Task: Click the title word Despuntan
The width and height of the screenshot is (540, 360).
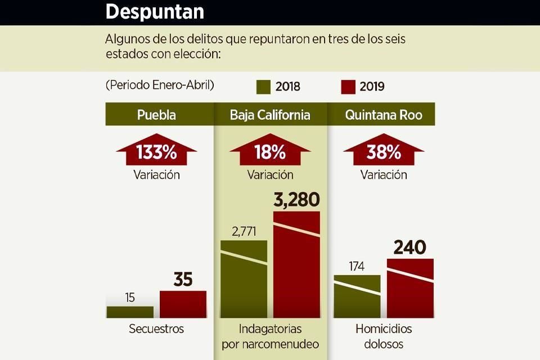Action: click(x=155, y=11)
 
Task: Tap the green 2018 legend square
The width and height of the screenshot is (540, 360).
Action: click(x=263, y=87)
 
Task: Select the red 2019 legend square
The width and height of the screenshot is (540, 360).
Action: click(x=348, y=87)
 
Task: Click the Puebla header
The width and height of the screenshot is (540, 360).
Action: click(x=156, y=115)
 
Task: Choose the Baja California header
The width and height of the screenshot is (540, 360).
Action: click(x=270, y=115)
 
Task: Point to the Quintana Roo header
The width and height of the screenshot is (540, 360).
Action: click(x=384, y=115)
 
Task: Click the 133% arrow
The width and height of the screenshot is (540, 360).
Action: click(x=156, y=150)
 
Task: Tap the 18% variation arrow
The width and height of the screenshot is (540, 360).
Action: click(x=270, y=150)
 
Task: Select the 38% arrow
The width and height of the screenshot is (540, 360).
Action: click(x=384, y=150)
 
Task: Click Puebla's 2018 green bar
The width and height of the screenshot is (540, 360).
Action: click(x=130, y=312)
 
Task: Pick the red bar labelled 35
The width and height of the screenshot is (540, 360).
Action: click(x=183, y=304)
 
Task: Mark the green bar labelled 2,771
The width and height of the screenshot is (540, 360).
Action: click(x=244, y=279)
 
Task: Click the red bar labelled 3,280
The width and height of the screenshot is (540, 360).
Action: click(x=297, y=264)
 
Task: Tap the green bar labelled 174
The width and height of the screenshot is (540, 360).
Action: click(x=357, y=296)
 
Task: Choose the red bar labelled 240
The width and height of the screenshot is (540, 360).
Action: click(x=410, y=289)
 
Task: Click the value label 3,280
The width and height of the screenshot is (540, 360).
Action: click(x=297, y=200)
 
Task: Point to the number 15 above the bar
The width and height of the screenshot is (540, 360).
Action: click(x=130, y=298)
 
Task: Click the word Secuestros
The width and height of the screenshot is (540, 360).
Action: click(x=156, y=328)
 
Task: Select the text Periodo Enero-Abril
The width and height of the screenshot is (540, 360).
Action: click(x=160, y=85)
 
